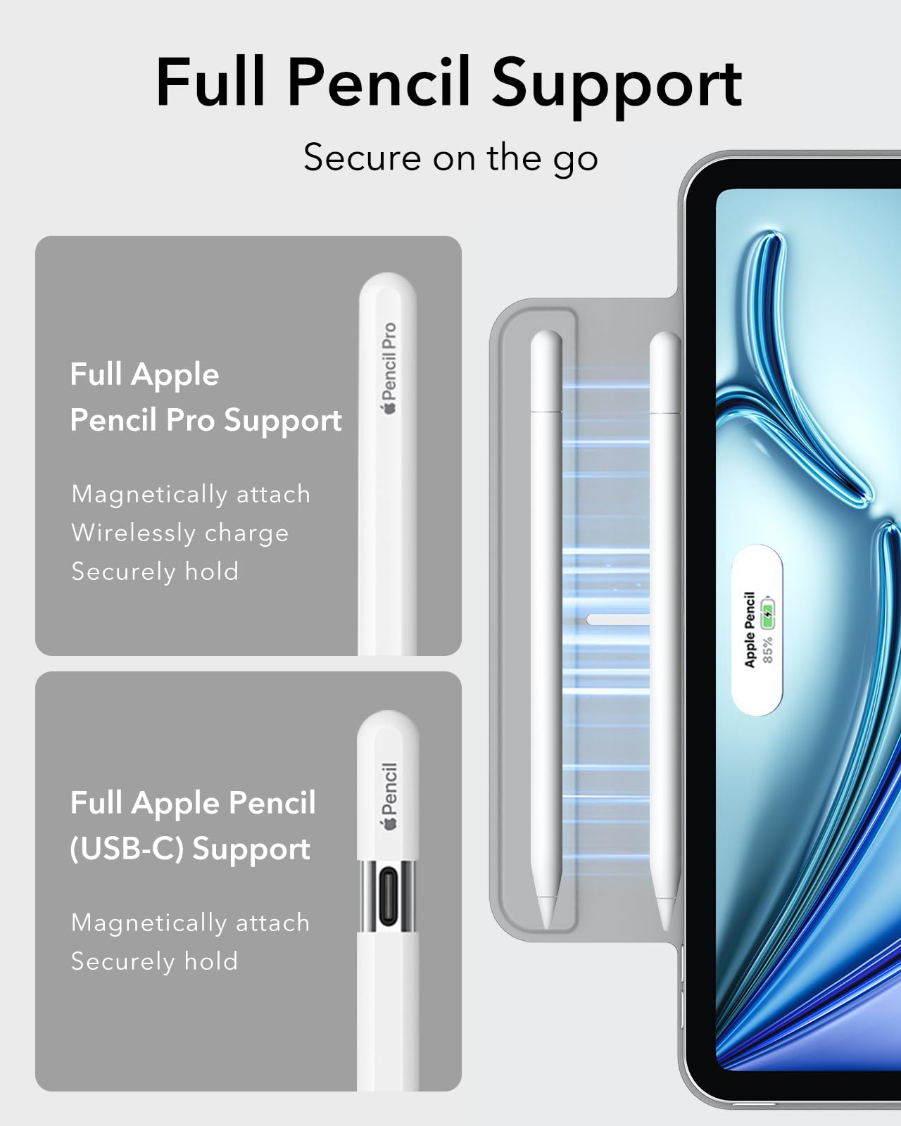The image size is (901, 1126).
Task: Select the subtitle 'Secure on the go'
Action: pos(450,158)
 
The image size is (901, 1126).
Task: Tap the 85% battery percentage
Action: pos(767,649)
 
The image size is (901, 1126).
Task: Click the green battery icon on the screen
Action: pos(767,614)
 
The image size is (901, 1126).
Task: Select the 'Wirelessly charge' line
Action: pos(180,533)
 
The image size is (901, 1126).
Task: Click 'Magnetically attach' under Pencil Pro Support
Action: pos(191,494)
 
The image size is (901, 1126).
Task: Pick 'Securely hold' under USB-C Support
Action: pos(155,961)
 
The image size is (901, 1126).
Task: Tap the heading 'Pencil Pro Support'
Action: pos(206,421)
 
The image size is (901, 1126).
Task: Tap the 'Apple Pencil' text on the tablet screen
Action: pos(750,629)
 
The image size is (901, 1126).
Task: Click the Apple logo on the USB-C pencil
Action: pos(389,823)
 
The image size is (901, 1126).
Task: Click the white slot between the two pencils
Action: pos(618,619)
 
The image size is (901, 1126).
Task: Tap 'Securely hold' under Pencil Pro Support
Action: pos(155,571)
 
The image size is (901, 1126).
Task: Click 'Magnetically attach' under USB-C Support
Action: pos(191,923)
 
